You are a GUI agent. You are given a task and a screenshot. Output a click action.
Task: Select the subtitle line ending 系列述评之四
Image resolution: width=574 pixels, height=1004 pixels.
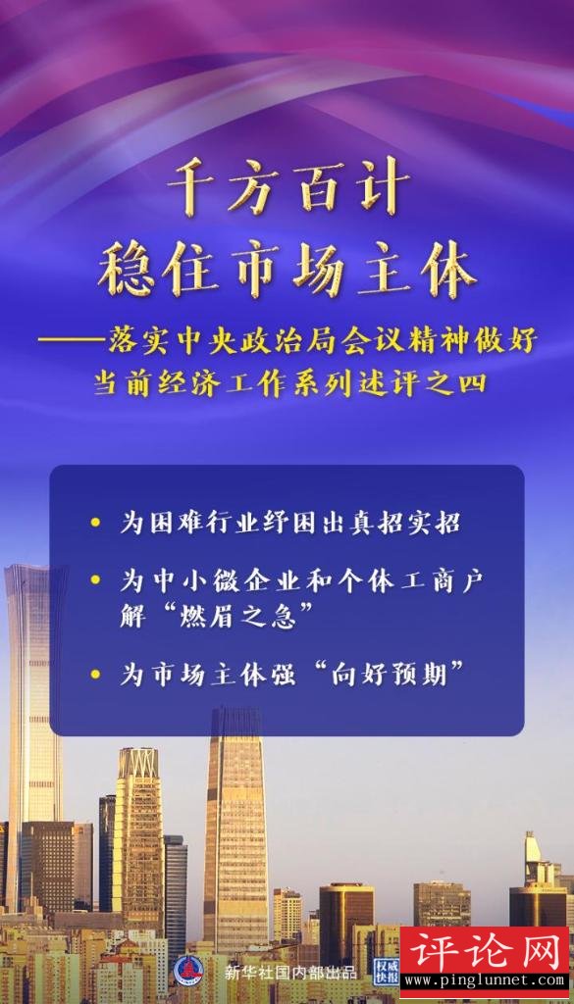290,383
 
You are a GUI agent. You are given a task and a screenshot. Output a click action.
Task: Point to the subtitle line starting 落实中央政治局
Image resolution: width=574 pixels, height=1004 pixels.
287,341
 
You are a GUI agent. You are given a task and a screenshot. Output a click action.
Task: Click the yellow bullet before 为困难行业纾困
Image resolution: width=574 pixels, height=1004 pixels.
95,522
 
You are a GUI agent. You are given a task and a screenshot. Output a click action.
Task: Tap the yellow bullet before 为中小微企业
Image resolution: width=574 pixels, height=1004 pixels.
95,579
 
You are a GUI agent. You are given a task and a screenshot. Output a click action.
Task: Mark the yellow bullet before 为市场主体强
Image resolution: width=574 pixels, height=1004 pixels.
95,674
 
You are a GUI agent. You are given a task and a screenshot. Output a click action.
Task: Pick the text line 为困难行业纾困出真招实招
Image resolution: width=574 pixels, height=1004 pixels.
290,523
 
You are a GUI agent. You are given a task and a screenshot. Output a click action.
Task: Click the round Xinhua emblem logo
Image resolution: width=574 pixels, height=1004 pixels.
188,971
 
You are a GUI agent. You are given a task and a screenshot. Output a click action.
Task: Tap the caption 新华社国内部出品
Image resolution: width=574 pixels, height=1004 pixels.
290,972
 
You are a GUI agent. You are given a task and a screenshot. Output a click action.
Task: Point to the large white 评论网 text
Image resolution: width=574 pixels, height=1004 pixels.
484,952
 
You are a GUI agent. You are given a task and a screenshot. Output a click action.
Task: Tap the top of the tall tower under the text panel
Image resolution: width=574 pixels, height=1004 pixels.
237,708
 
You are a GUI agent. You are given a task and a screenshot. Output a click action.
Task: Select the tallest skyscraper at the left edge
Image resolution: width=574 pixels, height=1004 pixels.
33,736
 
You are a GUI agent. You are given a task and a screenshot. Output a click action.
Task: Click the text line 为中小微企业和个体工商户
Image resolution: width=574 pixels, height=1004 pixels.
300,580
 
